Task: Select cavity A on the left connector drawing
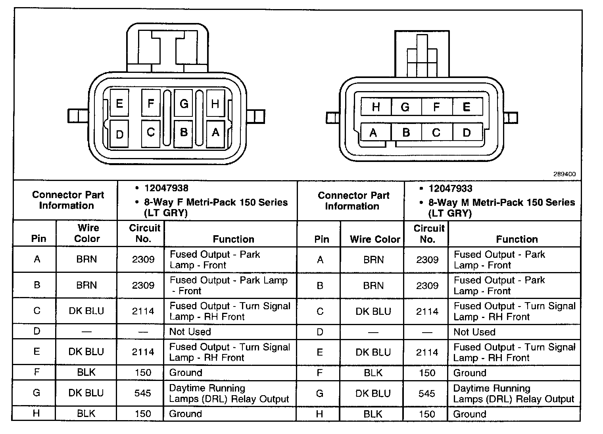[215, 132]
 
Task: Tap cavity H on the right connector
[376, 107]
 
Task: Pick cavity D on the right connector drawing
[467, 132]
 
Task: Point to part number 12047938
[166, 188]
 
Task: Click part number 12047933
[450, 188]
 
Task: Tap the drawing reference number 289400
[565, 174]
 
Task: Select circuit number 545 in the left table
[143, 393]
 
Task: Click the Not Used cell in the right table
[474, 332]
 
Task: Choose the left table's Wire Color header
[87, 233]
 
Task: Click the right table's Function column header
[517, 239]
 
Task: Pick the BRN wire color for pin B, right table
[373, 286]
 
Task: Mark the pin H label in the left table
[36, 413]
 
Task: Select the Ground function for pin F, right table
[470, 373]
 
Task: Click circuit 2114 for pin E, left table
[143, 352]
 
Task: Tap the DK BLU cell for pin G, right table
[373, 393]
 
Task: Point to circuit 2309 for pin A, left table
[143, 259]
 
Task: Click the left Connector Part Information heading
[67, 200]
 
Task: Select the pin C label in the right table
[320, 312]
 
